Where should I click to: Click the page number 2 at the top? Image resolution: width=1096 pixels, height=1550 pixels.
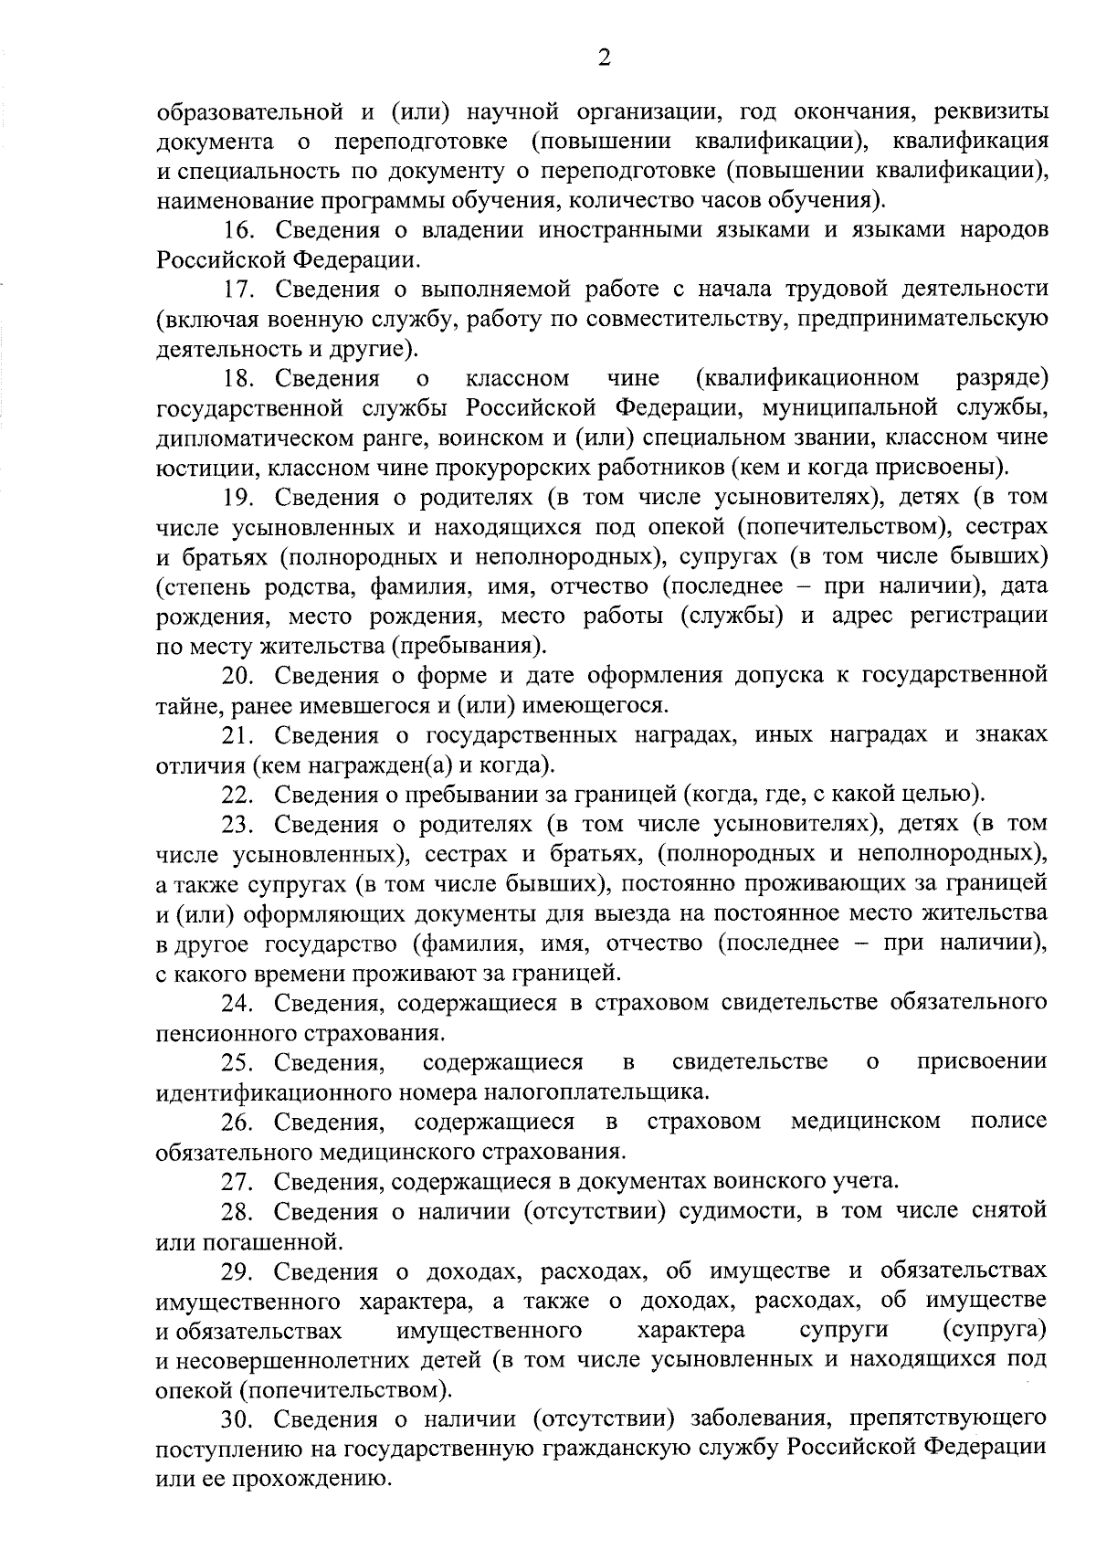[x=603, y=58]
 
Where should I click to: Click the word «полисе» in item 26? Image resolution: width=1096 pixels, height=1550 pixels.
[x=1008, y=1121]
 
